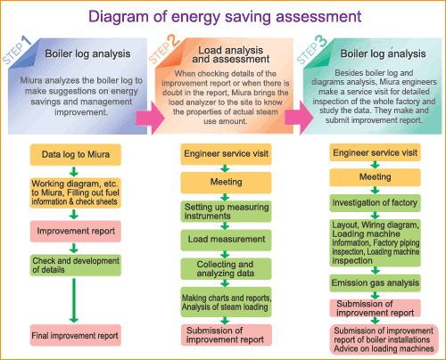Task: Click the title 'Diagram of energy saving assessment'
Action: [x=223, y=16]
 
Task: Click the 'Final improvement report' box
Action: [x=75, y=336]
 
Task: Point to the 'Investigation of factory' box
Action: [x=374, y=201]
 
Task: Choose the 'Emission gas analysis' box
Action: [x=374, y=284]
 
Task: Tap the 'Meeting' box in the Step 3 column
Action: [x=374, y=177]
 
